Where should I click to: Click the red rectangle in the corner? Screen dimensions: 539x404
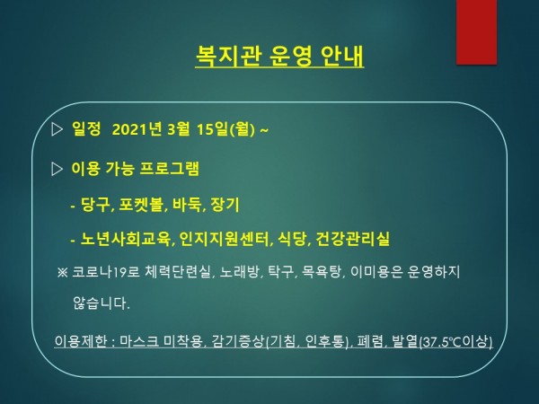[x=476, y=32]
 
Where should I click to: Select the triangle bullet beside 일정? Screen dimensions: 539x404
[x=57, y=129]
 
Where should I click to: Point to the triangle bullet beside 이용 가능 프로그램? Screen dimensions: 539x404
[x=57, y=169]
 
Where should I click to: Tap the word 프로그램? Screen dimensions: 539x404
[x=170, y=169]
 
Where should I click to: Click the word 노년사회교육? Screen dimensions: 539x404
[x=126, y=239]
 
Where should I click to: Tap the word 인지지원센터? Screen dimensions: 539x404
[x=224, y=239]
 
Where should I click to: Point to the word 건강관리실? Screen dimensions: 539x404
[x=352, y=239]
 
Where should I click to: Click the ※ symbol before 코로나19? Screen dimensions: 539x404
[x=63, y=272]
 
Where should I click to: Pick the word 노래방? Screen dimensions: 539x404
[x=239, y=272]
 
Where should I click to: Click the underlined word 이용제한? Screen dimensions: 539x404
[x=81, y=341]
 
